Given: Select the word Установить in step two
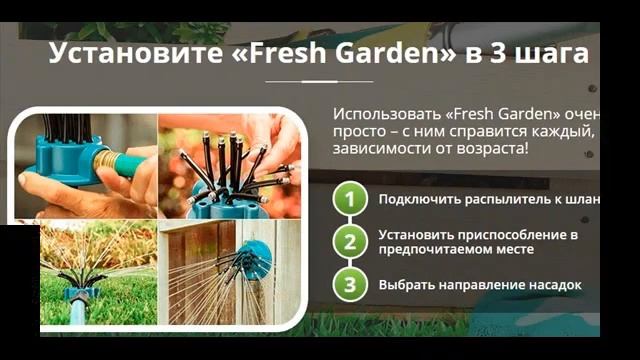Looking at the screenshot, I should tap(418, 234).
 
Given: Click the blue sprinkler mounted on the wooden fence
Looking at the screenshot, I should tap(256, 257).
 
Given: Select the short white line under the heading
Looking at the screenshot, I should tap(319, 81).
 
